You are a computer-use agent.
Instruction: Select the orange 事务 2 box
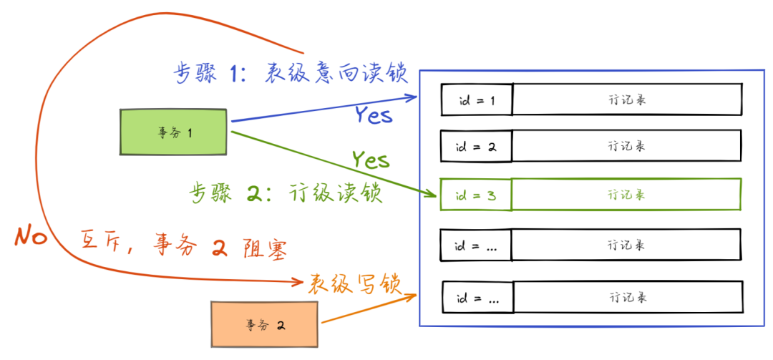[264, 323]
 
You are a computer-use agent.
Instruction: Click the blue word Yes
[374, 114]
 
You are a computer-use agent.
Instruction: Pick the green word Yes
[370, 160]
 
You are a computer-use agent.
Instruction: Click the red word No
[31, 236]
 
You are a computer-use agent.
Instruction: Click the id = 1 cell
[476, 100]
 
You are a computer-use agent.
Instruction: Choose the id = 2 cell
[476, 146]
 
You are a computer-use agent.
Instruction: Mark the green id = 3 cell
[475, 194]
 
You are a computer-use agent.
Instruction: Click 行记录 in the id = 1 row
[627, 100]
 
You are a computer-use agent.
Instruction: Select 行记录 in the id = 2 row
[627, 146]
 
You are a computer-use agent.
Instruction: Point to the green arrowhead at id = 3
[429, 194]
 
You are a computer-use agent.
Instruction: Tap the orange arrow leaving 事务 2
[369, 308]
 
